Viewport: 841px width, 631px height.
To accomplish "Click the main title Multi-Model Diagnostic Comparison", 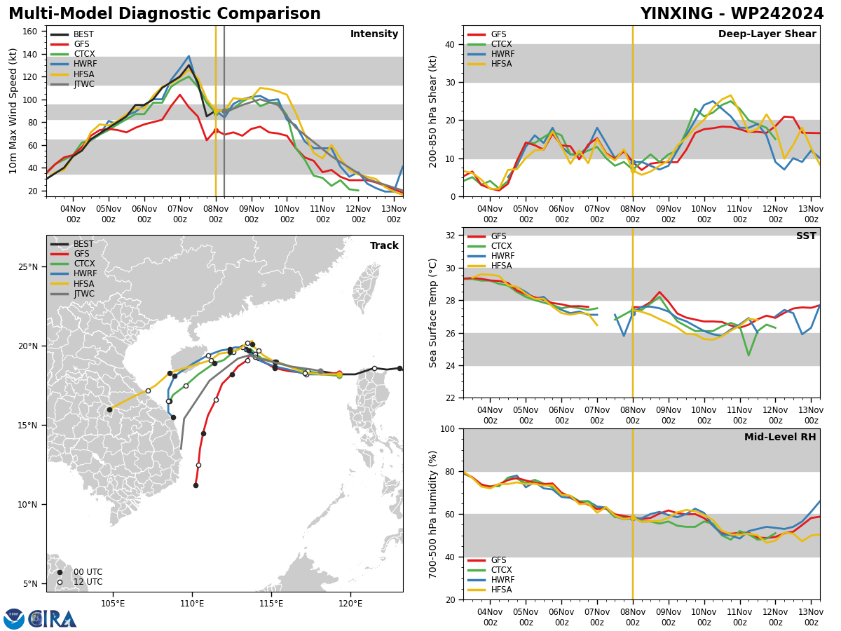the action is [165, 13].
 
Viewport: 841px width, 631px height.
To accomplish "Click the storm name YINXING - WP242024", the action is [732, 13].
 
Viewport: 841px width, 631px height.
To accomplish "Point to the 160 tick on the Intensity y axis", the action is [30, 32].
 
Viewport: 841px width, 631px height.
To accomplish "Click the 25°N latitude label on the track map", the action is [27, 267].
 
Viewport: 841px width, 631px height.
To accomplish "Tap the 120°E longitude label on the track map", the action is [351, 604].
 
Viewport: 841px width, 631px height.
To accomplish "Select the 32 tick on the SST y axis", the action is [450, 236].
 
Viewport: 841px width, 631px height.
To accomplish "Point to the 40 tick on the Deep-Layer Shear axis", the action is [450, 44].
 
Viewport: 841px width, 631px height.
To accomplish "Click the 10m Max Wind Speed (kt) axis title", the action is [13, 111].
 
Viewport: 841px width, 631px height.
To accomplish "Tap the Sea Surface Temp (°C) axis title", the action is [432, 313].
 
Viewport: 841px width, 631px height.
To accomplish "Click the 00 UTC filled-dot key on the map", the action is [60, 572].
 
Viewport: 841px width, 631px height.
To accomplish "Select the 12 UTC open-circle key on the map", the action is [60, 583].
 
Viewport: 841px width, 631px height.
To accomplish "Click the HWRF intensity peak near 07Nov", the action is [189, 56].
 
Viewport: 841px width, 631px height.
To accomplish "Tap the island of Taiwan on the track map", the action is [366, 287].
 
